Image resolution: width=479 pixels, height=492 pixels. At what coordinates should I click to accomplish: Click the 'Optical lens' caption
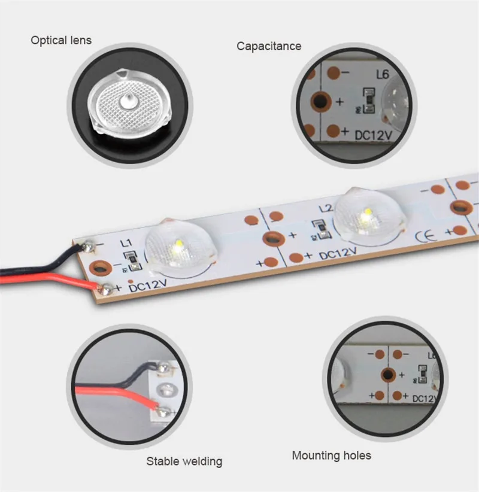62,41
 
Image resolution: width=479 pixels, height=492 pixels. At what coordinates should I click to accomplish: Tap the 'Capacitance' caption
269,46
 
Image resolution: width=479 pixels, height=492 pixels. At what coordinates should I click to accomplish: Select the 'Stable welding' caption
184,461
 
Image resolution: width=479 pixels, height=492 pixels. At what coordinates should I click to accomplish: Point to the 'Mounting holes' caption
331,456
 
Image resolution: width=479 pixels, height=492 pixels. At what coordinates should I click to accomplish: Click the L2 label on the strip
325,209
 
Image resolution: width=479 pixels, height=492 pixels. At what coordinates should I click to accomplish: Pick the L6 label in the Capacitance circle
383,75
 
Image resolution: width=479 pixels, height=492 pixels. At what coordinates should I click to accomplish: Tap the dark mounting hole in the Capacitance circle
322,101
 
